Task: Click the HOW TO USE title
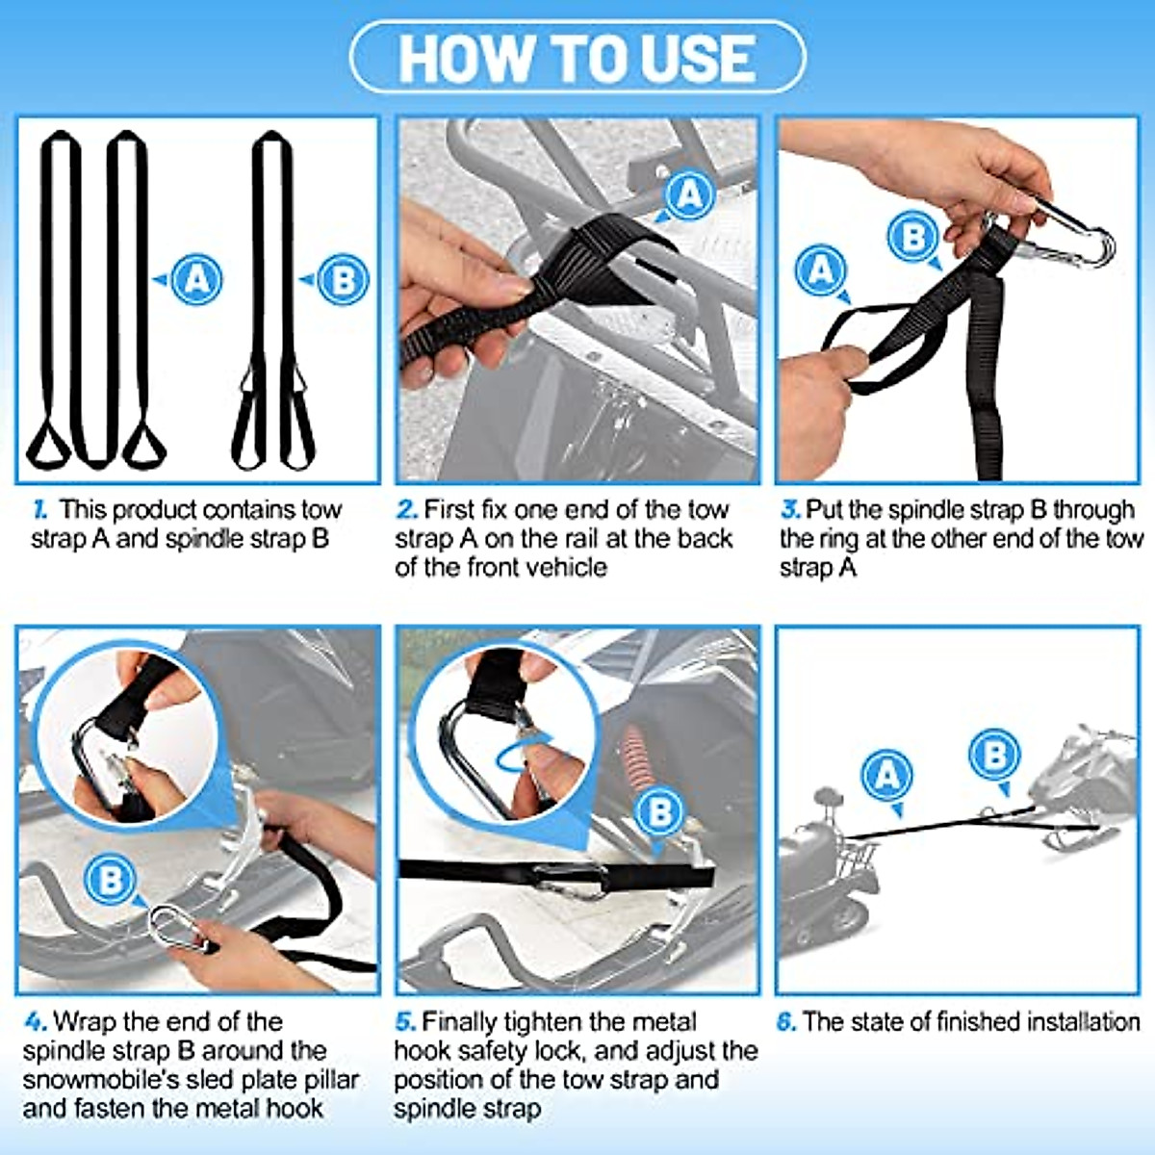(x=577, y=58)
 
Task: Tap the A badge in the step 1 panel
(x=196, y=279)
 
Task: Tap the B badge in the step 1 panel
(x=342, y=280)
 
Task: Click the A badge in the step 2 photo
(x=689, y=195)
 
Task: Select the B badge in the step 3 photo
(x=913, y=237)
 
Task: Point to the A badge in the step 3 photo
(x=821, y=269)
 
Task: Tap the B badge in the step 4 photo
(x=111, y=879)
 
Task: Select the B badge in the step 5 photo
(x=660, y=810)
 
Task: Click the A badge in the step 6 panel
(x=886, y=775)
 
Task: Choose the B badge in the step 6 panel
(x=994, y=755)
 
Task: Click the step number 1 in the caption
(x=39, y=509)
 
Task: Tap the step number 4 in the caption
(x=35, y=1021)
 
